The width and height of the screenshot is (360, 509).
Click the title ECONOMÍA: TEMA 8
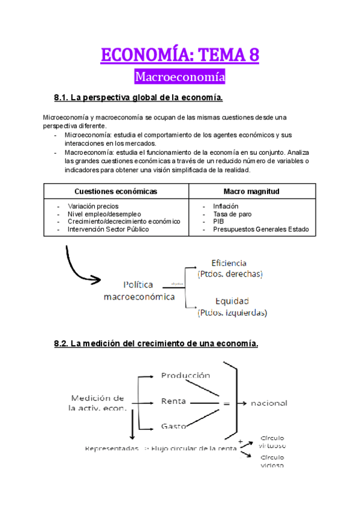click(x=180, y=56)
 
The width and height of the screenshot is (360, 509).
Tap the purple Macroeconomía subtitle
click(x=180, y=77)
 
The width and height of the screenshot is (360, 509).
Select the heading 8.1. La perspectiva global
click(x=139, y=97)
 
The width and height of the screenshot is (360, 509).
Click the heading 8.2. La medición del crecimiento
click(x=156, y=344)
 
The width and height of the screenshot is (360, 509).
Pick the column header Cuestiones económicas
click(x=116, y=191)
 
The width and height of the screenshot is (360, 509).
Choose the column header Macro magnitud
click(x=251, y=191)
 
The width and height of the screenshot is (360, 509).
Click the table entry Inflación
click(x=226, y=206)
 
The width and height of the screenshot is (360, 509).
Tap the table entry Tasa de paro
click(x=232, y=214)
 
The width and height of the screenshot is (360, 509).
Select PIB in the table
click(x=218, y=221)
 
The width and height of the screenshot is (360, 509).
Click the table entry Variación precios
click(x=93, y=206)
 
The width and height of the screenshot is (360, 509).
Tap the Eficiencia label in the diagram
click(x=229, y=264)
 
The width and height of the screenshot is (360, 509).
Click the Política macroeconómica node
click(x=139, y=291)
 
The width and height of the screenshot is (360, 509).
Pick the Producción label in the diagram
click(x=185, y=376)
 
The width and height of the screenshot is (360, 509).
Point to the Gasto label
click(x=173, y=426)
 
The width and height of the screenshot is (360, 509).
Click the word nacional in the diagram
click(x=269, y=403)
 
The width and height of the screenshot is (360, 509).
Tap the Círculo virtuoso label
click(x=272, y=442)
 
